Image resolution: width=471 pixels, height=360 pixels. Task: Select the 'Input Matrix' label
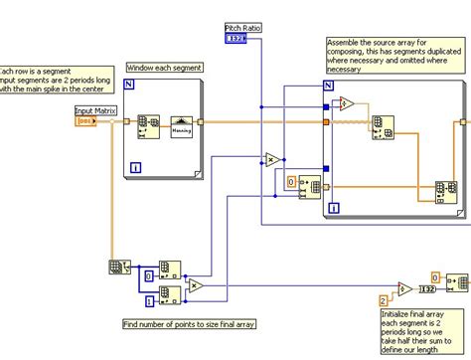97,110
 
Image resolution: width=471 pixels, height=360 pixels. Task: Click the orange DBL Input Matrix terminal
86,121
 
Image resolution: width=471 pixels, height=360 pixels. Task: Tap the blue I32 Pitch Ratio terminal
236,39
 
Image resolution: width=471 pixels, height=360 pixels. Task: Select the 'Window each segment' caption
165,68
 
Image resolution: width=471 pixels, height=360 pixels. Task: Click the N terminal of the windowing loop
129,87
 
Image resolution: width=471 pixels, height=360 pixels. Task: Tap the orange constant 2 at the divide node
383,299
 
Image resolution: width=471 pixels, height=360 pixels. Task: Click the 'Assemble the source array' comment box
393,55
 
